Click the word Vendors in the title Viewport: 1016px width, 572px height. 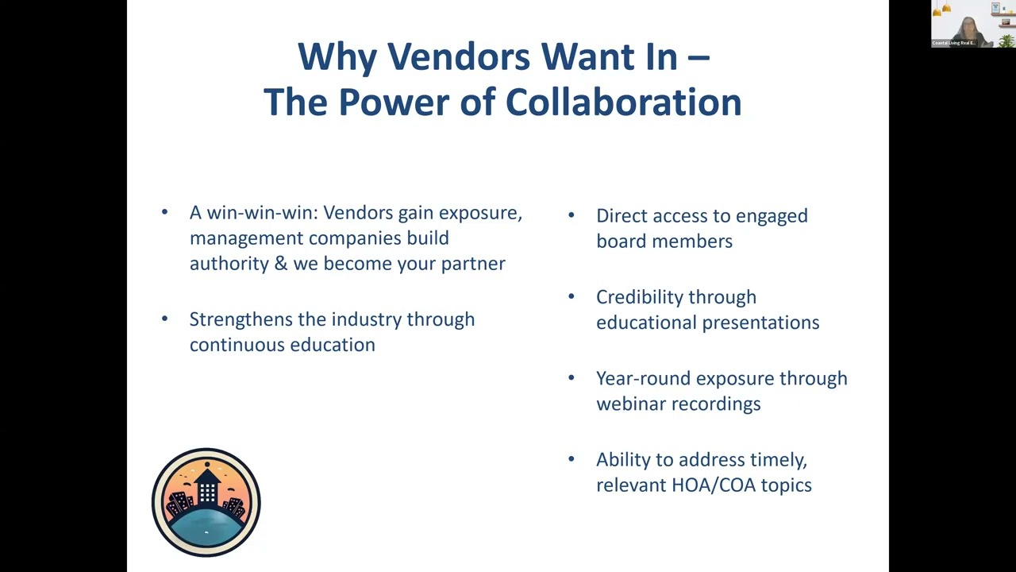tap(458, 57)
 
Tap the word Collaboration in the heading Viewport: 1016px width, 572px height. tap(623, 102)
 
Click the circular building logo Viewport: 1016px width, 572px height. tap(206, 502)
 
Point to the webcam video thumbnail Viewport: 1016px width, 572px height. tap(973, 24)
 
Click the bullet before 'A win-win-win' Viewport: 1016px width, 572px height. tap(164, 212)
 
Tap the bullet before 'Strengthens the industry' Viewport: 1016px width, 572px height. tap(164, 319)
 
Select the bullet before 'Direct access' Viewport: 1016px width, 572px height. tap(571, 215)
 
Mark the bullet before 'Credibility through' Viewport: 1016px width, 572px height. tap(571, 296)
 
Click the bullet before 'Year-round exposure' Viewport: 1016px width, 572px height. tap(571, 378)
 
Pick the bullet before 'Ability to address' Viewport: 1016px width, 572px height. tap(571, 459)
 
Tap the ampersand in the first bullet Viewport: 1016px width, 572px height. tap(281, 264)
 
